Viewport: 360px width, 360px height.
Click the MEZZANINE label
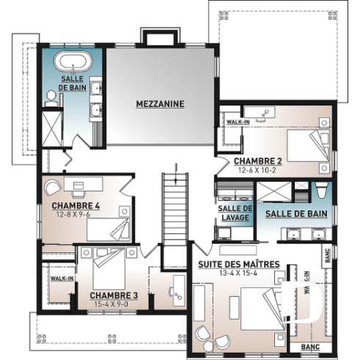[x=160, y=104]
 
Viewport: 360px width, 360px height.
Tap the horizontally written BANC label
[x=309, y=346]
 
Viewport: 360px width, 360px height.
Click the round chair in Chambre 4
[x=58, y=186]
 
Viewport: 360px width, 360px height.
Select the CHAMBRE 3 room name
[x=114, y=295]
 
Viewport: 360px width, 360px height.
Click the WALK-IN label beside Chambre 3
[x=59, y=279]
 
